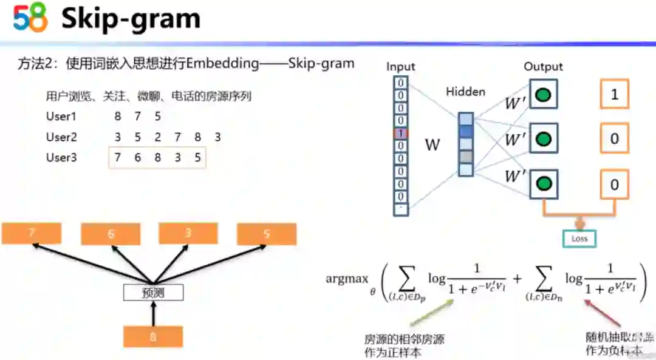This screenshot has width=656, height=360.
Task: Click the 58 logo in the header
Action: (x=30, y=19)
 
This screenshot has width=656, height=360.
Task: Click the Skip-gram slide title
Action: (x=131, y=19)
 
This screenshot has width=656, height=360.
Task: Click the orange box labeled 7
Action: (x=32, y=233)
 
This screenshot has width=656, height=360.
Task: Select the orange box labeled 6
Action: (x=111, y=234)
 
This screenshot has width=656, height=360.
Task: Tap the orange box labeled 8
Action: (x=153, y=336)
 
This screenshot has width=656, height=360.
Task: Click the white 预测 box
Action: (x=153, y=293)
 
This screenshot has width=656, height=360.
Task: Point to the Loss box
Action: (x=579, y=239)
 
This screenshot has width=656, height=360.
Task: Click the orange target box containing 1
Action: (x=614, y=94)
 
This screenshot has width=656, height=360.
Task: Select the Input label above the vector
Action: (x=401, y=67)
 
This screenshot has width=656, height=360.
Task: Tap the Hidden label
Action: (x=465, y=92)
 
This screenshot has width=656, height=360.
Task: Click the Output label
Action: (x=543, y=67)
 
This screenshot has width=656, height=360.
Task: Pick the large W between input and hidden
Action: (x=432, y=145)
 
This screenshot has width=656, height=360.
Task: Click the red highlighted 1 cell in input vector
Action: (x=401, y=133)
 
